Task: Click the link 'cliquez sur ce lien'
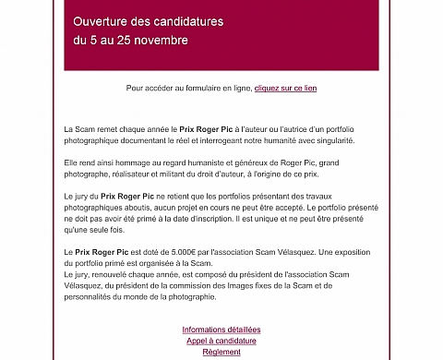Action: (285, 88)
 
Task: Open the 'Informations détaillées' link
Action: (221, 330)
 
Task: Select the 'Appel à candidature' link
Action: (221, 341)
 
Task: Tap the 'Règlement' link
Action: (221, 352)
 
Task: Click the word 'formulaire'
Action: (196, 88)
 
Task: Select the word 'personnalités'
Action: (91, 297)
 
